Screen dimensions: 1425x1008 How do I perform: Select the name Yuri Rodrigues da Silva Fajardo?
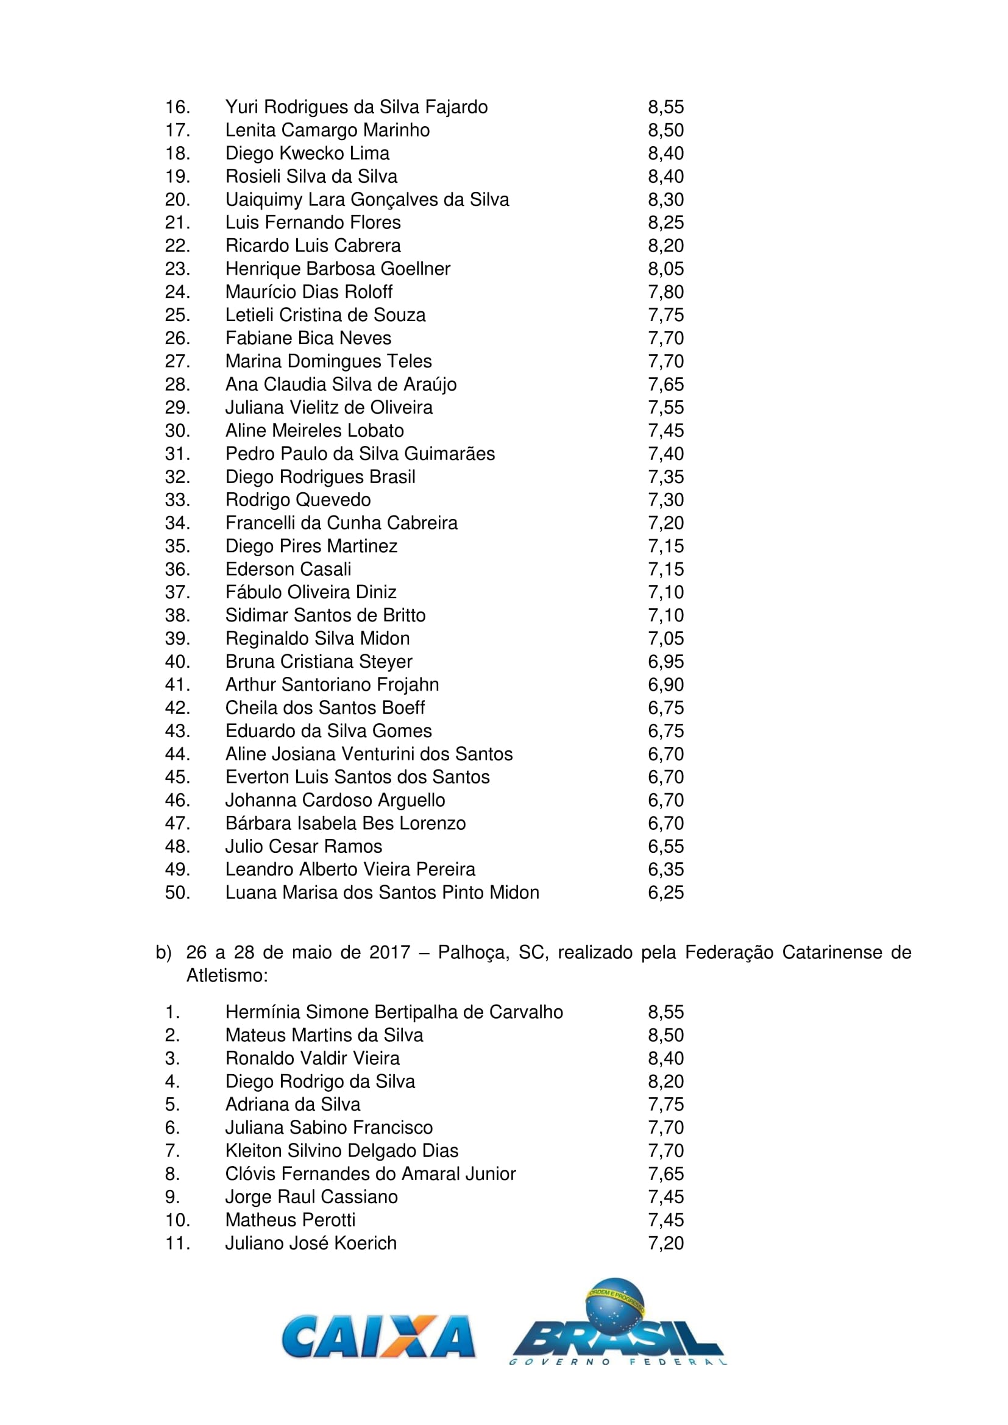pyautogui.click(x=357, y=107)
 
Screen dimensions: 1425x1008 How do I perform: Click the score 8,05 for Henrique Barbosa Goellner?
pyautogui.click(x=665, y=269)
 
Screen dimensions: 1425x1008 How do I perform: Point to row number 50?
pyautogui.click(x=177, y=893)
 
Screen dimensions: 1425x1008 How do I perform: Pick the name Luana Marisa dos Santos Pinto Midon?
pyautogui.click(x=382, y=893)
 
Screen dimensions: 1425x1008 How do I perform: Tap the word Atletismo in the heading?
pyautogui.click(x=227, y=975)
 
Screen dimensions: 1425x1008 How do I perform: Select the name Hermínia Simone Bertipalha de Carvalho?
pyautogui.click(x=394, y=1013)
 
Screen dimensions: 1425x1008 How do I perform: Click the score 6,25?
pyautogui.click(x=665, y=893)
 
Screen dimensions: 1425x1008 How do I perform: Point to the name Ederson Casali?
pyautogui.click(x=288, y=569)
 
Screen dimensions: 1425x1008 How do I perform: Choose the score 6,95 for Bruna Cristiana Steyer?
pyautogui.click(x=665, y=662)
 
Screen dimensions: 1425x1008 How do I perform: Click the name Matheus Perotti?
pyautogui.click(x=290, y=1220)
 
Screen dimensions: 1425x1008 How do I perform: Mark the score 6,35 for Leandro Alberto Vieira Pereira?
pyautogui.click(x=665, y=869)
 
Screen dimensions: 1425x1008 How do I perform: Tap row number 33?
pyautogui.click(x=177, y=500)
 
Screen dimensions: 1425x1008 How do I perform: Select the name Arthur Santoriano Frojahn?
pyautogui.click(x=332, y=685)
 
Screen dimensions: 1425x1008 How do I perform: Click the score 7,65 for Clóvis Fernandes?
pyautogui.click(x=665, y=1173)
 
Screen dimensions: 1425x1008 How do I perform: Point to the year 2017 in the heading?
pyautogui.click(x=389, y=952)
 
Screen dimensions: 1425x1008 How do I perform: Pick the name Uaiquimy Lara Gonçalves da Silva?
pyautogui.click(x=367, y=200)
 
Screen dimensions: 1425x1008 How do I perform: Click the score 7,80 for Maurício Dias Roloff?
pyautogui.click(x=665, y=292)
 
